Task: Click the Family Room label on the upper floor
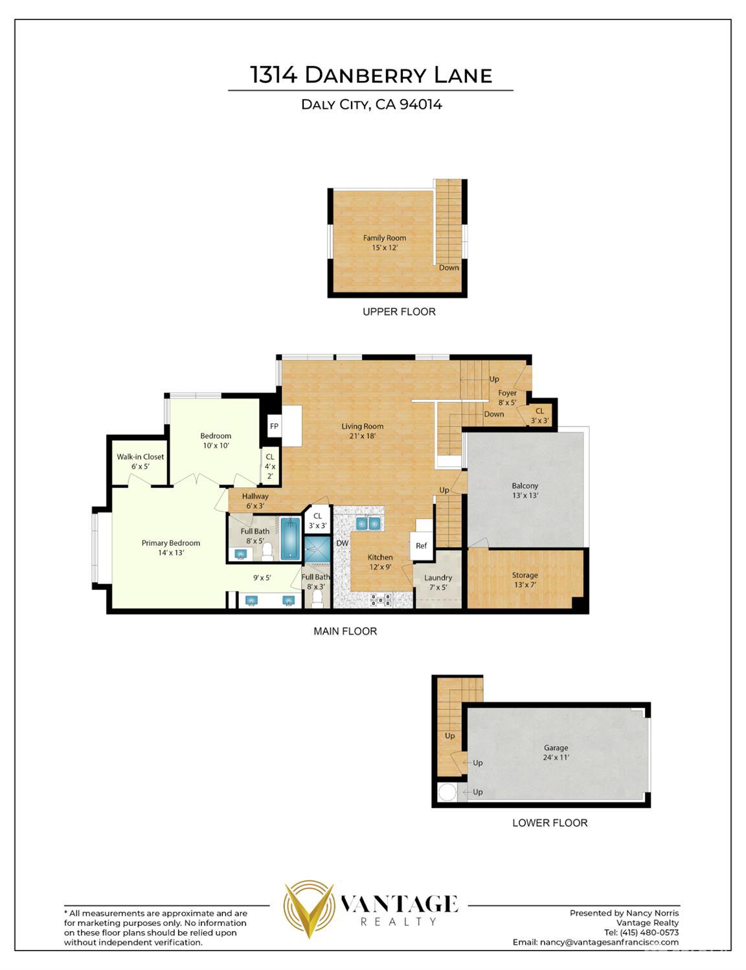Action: click(x=384, y=243)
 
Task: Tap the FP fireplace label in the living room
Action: click(x=274, y=426)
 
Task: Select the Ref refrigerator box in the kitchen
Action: click(x=421, y=546)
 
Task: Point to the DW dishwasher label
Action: click(x=342, y=543)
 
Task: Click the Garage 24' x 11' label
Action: click(x=556, y=753)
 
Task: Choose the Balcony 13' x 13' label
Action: click(x=525, y=491)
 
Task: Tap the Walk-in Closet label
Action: click(x=140, y=461)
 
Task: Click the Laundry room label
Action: click(x=438, y=582)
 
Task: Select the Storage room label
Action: click(x=525, y=580)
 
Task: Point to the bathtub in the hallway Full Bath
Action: click(x=291, y=538)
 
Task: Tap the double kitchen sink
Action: click(x=368, y=522)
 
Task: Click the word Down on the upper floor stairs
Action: click(x=449, y=267)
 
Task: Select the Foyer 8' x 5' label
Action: click(x=507, y=397)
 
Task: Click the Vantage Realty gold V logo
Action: click(x=309, y=909)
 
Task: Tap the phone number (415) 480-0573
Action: click(x=641, y=932)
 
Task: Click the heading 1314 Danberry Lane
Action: click(x=371, y=75)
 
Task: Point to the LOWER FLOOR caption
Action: click(x=550, y=823)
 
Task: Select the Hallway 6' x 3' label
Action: click(x=255, y=501)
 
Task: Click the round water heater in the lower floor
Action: click(x=447, y=792)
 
